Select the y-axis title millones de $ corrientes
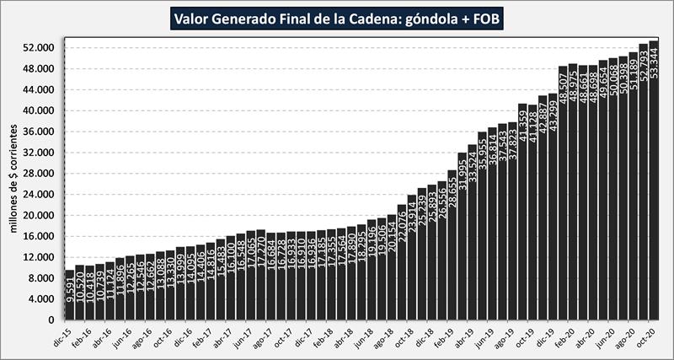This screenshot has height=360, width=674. (14, 181)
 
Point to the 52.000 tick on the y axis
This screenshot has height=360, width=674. (39, 48)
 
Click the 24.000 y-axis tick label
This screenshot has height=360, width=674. (39, 195)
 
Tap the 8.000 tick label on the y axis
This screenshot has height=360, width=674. (41, 278)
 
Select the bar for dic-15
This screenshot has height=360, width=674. (69, 295)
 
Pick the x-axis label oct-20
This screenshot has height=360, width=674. (646, 335)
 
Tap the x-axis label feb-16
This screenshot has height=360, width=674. (83, 335)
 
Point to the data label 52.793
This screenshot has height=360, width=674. (644, 64)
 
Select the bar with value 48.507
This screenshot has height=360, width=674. (563, 193)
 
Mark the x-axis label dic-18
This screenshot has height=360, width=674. (425, 335)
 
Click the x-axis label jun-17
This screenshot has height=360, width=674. (243, 335)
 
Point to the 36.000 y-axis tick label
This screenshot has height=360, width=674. (39, 132)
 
